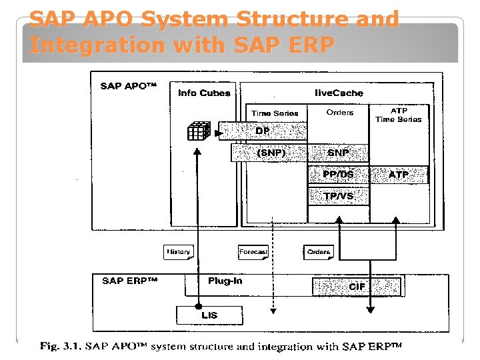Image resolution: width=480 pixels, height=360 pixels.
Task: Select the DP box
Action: click(x=263, y=131)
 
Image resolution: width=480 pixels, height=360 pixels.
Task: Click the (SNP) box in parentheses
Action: click(x=271, y=153)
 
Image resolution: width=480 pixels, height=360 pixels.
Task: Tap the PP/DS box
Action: click(x=338, y=175)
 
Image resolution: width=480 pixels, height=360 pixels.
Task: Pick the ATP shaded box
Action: click(x=399, y=175)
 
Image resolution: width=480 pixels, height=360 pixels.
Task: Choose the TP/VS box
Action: click(x=338, y=196)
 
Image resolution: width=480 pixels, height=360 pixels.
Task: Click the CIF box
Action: click(x=357, y=286)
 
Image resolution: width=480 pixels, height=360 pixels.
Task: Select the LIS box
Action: click(x=209, y=315)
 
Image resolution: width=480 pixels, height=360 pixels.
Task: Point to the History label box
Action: click(x=178, y=252)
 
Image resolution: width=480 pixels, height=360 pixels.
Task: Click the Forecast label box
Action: click(x=253, y=252)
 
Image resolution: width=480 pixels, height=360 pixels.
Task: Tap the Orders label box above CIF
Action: click(x=319, y=252)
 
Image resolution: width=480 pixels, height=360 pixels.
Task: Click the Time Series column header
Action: click(x=275, y=113)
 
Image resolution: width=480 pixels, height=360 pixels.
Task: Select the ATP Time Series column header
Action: click(x=399, y=115)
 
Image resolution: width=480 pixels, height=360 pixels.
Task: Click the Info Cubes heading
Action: click(x=204, y=93)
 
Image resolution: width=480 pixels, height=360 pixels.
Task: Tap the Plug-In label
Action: click(x=225, y=281)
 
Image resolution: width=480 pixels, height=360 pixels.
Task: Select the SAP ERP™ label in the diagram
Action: click(x=129, y=281)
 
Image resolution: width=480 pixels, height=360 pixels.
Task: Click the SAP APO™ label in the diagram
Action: click(x=128, y=86)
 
